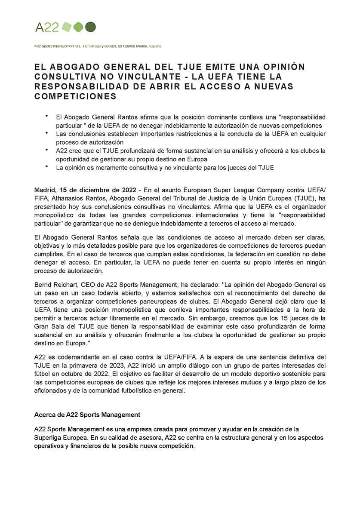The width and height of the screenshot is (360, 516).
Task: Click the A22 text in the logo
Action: coord(46,28)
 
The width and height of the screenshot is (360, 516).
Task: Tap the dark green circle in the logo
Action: coord(90,27)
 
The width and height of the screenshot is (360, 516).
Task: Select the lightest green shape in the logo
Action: coord(66,27)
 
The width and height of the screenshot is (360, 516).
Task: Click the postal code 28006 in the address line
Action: coord(130,46)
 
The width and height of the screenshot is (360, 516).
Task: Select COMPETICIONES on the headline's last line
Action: coord(76,96)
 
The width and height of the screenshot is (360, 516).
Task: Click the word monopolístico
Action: coord(55,215)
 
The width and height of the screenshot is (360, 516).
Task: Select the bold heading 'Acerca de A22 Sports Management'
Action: coord(87,415)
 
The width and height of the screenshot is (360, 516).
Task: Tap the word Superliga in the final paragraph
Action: coord(49,437)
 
